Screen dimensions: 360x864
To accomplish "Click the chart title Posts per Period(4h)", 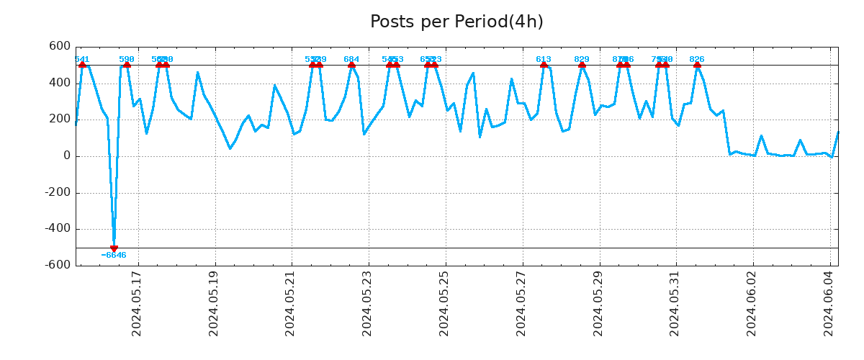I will click(456, 22).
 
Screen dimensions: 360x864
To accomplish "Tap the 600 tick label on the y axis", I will click(60, 46).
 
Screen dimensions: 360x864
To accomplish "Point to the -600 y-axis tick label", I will click(57, 265).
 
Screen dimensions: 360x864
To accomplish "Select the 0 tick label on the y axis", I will click(67, 156).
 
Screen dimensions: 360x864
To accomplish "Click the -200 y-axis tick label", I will click(57, 192).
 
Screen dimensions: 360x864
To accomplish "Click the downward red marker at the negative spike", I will click(114, 248).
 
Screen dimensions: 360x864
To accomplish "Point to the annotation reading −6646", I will click(114, 256).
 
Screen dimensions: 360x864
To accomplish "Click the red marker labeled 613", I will click(544, 65).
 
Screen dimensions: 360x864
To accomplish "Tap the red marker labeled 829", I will click(582, 65).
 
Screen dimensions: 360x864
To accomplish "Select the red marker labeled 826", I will click(697, 65).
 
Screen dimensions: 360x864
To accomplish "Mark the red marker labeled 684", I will click(351, 65).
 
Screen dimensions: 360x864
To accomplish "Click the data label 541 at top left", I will click(82, 59).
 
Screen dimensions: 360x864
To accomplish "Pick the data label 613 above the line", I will click(544, 59).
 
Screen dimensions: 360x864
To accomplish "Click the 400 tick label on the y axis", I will click(60, 83).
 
